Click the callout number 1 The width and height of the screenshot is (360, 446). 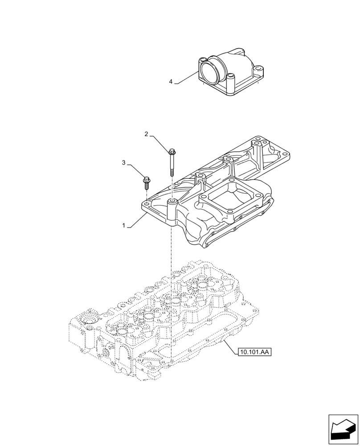[124, 226]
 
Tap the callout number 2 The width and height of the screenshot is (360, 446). [146, 133]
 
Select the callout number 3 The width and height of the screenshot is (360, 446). [124, 163]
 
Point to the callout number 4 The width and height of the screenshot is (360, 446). [171, 82]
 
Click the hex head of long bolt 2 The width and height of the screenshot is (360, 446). [172, 151]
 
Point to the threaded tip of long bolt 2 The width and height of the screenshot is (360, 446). [172, 173]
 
